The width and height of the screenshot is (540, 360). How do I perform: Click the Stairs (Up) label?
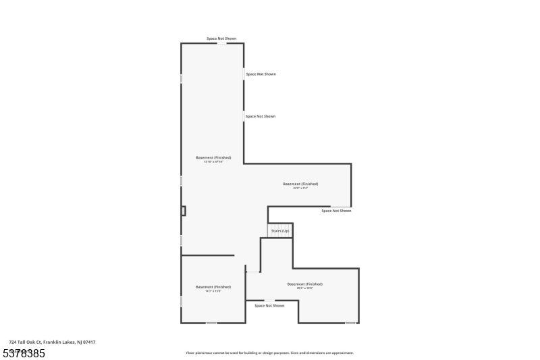point(280,231)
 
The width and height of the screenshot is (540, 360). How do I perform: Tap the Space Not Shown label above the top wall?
point(221,38)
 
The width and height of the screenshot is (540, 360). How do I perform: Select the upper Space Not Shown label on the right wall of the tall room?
point(261,74)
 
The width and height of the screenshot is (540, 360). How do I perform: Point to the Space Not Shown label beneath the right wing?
point(336,211)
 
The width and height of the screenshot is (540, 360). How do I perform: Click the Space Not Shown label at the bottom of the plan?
point(269,306)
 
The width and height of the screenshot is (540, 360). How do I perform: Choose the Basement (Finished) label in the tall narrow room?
point(213,157)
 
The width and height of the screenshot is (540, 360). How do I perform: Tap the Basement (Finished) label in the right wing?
point(300,184)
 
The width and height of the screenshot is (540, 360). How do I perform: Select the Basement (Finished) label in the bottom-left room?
point(213,286)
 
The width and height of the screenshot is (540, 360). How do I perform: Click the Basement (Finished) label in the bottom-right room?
point(304,284)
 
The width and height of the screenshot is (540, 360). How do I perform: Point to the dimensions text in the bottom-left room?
point(213,291)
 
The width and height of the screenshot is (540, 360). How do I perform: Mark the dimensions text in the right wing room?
point(300,188)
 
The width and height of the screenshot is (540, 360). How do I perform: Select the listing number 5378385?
point(24,353)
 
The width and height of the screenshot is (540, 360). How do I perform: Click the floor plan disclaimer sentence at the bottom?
point(269,353)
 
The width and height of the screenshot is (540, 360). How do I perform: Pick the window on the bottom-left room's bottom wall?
point(211,323)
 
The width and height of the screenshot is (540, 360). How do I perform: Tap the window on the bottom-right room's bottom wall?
point(350,323)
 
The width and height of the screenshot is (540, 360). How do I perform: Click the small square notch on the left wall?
point(183,211)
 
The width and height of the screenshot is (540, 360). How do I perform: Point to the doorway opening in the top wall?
point(221,43)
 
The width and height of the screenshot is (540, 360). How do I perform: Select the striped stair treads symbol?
point(280,227)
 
